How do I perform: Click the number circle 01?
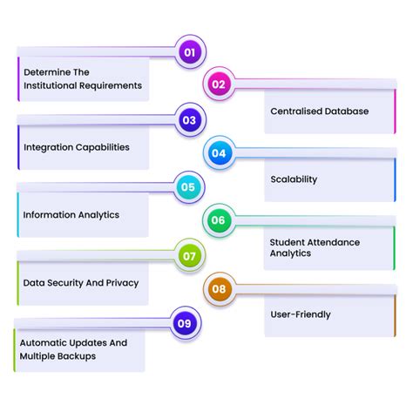pyautogui.click(x=188, y=51)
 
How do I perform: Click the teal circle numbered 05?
pyautogui.click(x=188, y=186)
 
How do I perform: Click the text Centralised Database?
pyautogui.click(x=319, y=111)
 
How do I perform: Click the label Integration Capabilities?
pyautogui.click(x=77, y=147)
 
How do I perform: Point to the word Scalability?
pyautogui.click(x=294, y=179)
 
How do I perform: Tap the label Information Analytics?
pyautogui.click(x=71, y=214)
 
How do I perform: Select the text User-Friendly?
pyautogui.click(x=301, y=314)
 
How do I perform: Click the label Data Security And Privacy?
pyautogui.click(x=81, y=282)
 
